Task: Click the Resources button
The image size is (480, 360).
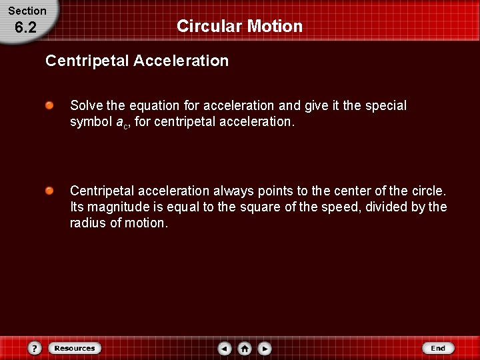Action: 74,348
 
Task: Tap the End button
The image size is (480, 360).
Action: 438,348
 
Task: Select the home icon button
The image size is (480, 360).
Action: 245,348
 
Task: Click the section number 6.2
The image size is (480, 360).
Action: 25,28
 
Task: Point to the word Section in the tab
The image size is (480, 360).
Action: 27,11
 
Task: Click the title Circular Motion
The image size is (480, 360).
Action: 239,26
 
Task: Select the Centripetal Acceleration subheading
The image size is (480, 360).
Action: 137,61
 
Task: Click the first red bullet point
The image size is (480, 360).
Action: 50,105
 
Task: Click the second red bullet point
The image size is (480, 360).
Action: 50,191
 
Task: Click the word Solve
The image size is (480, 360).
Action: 87,105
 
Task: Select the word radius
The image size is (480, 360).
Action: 87,223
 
